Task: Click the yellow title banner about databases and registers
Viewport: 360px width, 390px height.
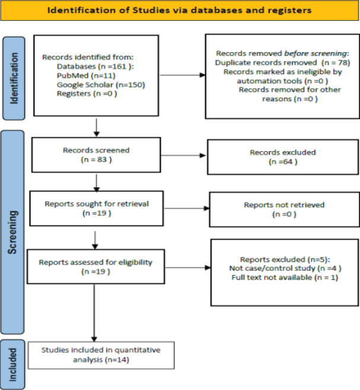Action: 180,10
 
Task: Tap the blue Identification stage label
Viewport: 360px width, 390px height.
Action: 14,78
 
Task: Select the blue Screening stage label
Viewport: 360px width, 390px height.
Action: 12,232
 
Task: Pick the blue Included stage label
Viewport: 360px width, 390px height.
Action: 12,365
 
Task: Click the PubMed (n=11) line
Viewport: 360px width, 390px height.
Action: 86,76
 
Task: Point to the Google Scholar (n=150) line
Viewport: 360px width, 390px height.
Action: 101,85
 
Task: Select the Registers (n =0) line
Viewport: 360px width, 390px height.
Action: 87,94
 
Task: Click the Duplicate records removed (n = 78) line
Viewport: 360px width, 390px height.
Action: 282,62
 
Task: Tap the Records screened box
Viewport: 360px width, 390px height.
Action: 96,155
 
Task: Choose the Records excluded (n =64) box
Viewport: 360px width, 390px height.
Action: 283,157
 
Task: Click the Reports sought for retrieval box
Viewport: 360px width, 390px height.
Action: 97,209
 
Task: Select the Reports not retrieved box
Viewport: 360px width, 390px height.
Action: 284,209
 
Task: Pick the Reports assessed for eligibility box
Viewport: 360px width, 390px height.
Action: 96,267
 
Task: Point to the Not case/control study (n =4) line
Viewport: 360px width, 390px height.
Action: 285,268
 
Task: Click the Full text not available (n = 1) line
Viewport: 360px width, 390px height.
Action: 285,277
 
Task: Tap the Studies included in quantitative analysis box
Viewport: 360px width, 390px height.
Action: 101,355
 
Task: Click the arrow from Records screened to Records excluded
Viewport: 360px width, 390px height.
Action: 183,155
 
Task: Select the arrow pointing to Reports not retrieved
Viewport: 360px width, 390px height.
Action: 186,209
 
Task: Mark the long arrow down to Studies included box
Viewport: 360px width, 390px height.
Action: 94,313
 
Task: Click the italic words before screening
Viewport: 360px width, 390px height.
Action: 315,53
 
